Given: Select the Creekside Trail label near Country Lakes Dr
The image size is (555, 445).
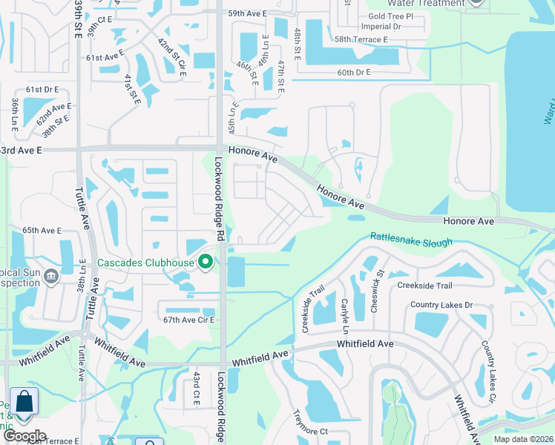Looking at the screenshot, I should click(424, 286).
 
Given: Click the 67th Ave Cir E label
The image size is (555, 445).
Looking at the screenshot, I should click(188, 320).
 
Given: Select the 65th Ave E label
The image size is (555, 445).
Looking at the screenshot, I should click(42, 231).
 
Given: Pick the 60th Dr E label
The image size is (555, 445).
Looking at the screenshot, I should click(353, 73).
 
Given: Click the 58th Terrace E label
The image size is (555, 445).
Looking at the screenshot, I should click(361, 39).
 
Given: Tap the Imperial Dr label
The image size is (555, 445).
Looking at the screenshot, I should click(385, 26).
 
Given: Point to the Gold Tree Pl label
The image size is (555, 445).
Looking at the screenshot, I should click(390, 16).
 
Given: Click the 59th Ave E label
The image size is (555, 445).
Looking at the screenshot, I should click(247, 13).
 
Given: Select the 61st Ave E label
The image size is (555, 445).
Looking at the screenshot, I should click(104, 57).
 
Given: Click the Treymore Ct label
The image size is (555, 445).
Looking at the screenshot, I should click(310, 423).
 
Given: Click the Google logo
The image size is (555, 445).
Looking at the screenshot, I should click(24, 436).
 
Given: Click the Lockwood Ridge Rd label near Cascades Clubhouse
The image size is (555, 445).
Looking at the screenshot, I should click(220, 200).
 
